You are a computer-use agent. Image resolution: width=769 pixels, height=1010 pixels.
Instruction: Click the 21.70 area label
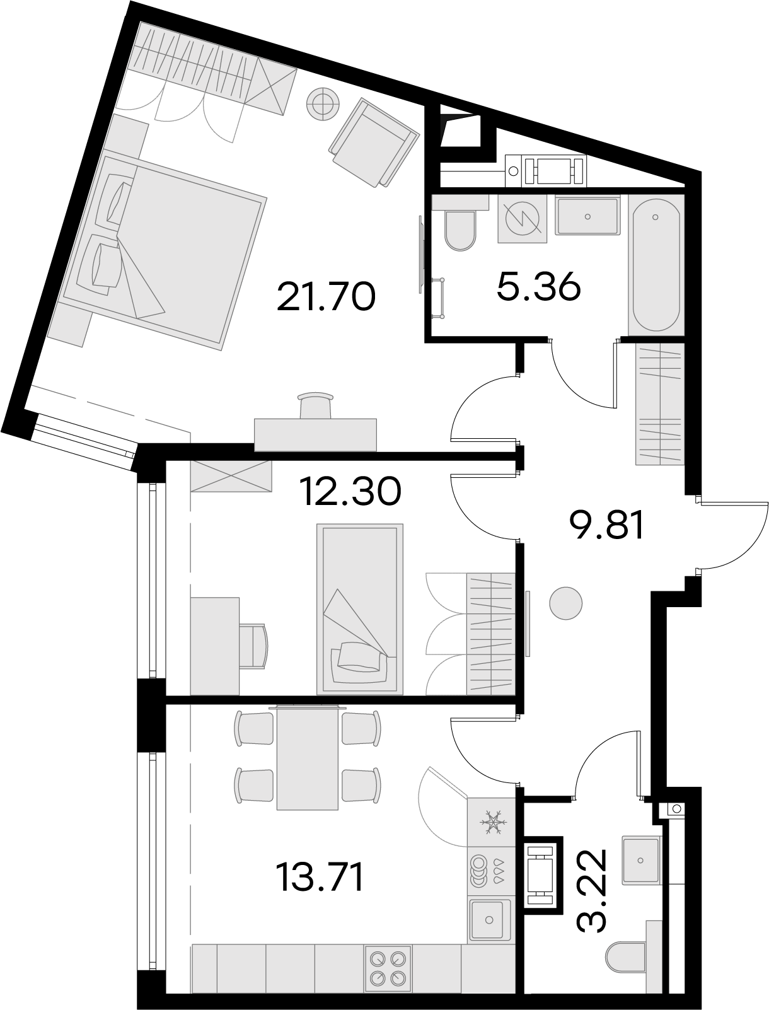pos(326,297)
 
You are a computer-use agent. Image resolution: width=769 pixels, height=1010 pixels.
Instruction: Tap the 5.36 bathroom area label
pos(538,287)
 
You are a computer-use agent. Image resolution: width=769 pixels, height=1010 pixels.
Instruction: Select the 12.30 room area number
pos(350,491)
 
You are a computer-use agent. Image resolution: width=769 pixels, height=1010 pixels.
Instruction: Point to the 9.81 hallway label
pos(606,525)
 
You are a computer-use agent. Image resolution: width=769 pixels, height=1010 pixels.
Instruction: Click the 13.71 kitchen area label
pos(319,877)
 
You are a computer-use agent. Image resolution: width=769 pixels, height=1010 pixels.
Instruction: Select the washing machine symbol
pos(522,219)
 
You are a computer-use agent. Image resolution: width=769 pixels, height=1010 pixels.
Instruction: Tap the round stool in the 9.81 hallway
pos(565,603)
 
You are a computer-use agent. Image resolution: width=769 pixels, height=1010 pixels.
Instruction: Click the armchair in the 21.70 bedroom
pos(374,142)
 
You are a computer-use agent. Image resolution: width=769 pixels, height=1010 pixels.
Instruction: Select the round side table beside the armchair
pos(323,105)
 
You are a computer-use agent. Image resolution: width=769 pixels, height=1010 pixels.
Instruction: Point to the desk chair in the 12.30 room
pos(253,646)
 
